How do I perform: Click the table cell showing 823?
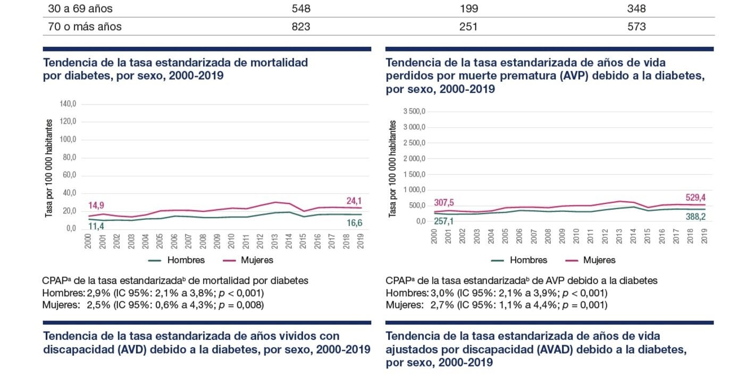click(301, 27)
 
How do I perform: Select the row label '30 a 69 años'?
click(80, 9)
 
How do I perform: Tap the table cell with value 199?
click(468, 9)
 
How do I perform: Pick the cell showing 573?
click(636, 27)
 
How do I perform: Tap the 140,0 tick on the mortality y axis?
click(68, 104)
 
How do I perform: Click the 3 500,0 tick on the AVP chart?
click(415, 112)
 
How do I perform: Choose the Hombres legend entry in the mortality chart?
click(175, 260)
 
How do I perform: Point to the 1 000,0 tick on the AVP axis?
click(415, 190)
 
